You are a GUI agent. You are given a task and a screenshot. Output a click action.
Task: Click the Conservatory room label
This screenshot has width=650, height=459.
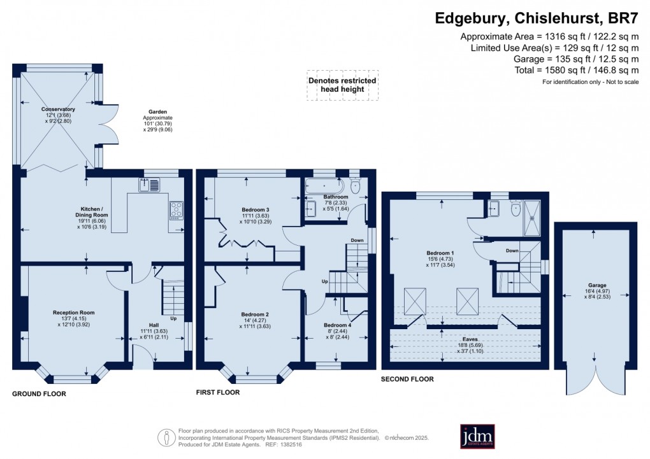pyautogui.click(x=59, y=109)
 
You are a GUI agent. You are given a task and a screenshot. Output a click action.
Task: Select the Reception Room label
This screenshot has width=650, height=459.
pyautogui.click(x=73, y=313)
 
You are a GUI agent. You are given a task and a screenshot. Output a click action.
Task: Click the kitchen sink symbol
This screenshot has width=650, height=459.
pyautogui.click(x=154, y=186)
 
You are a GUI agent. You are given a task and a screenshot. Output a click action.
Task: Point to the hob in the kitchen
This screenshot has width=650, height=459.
pyautogui.click(x=176, y=210)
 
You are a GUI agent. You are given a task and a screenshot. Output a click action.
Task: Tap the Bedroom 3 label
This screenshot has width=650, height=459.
pyautogui.click(x=255, y=209)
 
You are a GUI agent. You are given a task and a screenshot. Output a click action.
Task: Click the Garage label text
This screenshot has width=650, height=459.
pyautogui.click(x=596, y=286)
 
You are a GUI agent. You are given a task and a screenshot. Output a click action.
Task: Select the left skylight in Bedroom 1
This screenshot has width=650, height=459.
pyautogui.click(x=415, y=298)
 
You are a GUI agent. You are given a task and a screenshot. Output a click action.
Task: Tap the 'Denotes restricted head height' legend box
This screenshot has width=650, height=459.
pyautogui.click(x=342, y=85)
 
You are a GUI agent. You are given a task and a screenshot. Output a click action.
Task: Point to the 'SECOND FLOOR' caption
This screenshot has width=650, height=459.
pyautogui.click(x=407, y=379)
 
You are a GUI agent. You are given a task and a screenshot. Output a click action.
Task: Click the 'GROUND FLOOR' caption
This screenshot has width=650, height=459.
pyautogui.click(x=39, y=394)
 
